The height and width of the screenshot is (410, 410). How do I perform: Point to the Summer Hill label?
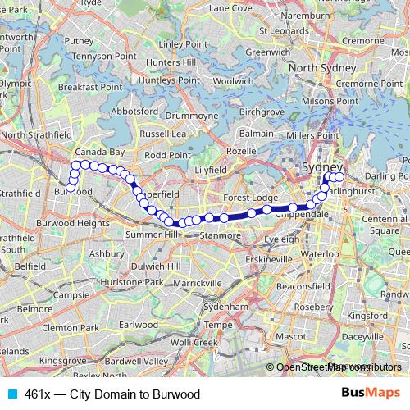(148, 235)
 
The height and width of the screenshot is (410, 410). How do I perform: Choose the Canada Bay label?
(99, 153)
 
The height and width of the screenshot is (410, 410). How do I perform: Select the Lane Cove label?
(230, 7)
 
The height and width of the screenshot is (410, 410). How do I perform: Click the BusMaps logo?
(376, 394)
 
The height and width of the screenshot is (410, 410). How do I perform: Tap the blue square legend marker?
(11, 394)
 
